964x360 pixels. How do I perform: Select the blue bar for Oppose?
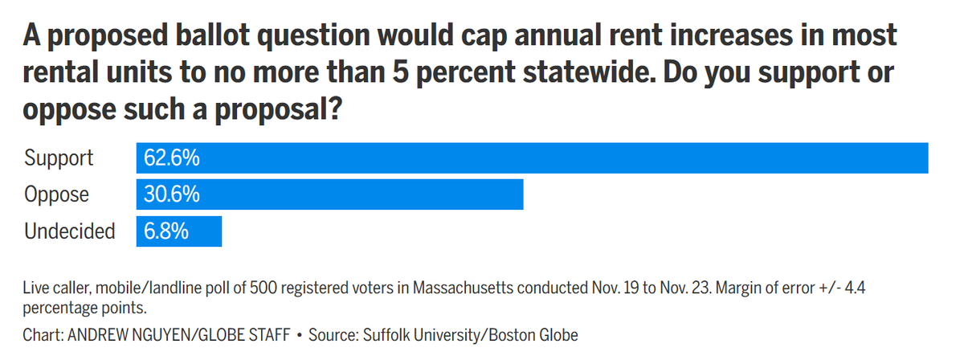330,194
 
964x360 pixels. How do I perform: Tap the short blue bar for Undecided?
179,231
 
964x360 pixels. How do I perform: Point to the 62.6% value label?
171,158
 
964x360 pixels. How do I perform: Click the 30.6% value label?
171,194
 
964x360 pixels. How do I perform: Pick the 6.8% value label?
166,231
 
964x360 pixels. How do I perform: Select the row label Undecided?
70,231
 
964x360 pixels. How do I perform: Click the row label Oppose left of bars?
57,194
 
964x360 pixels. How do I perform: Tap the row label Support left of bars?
59,158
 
